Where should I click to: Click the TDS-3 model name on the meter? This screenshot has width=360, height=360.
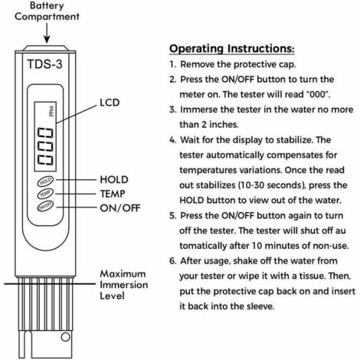pyautogui.click(x=44, y=64)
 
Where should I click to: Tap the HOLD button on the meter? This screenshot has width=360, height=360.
pyautogui.click(x=45, y=181)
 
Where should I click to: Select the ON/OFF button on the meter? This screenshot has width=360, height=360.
pyautogui.click(x=45, y=206)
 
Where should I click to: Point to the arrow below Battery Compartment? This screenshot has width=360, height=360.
pyautogui.click(x=47, y=33)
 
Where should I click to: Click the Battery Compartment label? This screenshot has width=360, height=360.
pyautogui.click(x=47, y=11)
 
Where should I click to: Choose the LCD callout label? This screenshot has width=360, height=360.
pyautogui.click(x=110, y=103)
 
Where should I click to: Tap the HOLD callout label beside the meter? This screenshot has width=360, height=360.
pyautogui.click(x=114, y=179)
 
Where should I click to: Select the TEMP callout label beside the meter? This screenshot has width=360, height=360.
pyautogui.click(x=113, y=194)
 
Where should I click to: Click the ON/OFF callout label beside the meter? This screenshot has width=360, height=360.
pyautogui.click(x=120, y=208)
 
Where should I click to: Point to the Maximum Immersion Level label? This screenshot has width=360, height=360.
pyautogui.click(x=124, y=285)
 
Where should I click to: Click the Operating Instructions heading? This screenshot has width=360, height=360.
pyautogui.click(x=231, y=48)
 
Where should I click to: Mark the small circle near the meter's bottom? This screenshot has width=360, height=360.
pyautogui.click(x=65, y=337)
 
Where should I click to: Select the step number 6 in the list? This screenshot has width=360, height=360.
pyautogui.click(x=173, y=261)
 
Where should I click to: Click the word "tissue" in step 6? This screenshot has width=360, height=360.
pyautogui.click(x=312, y=276)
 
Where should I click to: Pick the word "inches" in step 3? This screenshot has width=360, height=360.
pyautogui.click(x=224, y=125)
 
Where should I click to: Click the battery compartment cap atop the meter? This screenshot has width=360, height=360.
pyautogui.click(x=45, y=48)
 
